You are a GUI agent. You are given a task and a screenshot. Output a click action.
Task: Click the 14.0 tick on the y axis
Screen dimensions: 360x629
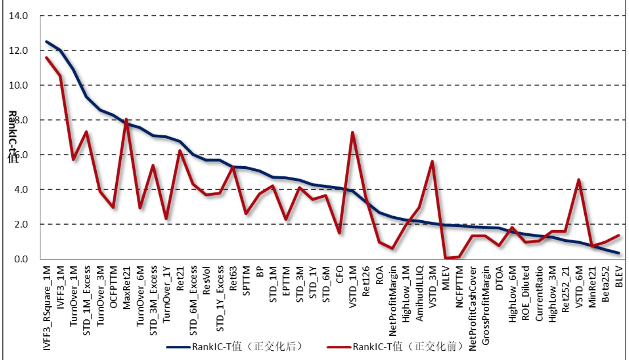[x=21, y=16]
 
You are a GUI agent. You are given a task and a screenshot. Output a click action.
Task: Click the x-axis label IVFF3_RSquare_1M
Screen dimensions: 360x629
[x=46, y=304]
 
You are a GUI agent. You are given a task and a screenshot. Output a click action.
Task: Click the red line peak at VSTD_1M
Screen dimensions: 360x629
[x=353, y=132]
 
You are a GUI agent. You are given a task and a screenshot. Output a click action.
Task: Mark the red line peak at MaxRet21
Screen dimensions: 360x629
[x=126, y=119]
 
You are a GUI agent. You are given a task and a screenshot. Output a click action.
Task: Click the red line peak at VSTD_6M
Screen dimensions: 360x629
[x=579, y=180]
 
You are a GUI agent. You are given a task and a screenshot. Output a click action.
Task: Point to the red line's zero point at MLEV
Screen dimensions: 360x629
[x=446, y=258]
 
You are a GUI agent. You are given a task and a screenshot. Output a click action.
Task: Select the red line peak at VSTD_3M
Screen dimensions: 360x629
[x=432, y=161]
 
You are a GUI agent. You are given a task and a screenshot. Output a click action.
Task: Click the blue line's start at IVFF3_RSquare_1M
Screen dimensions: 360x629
[x=46, y=41]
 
